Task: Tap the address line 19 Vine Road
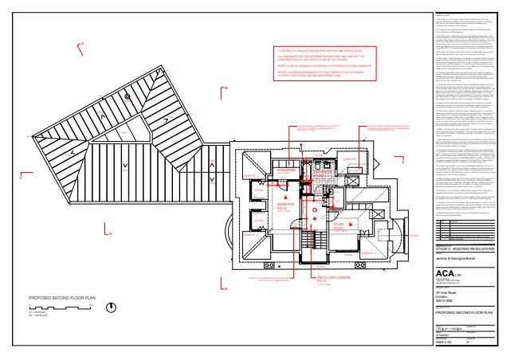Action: (x=446, y=294)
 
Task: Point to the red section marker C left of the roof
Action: (x=22, y=176)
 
